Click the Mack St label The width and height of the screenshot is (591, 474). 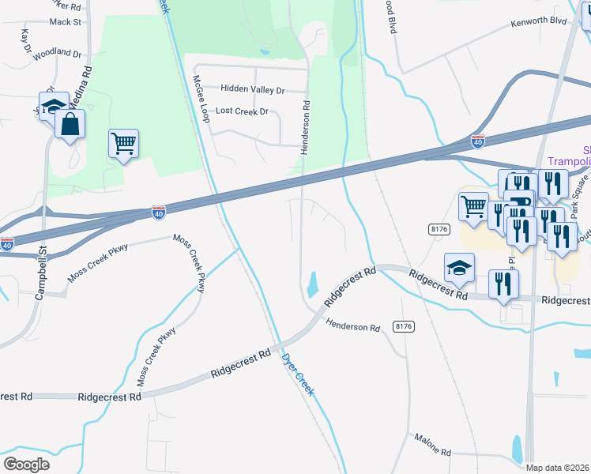click(x=66, y=23)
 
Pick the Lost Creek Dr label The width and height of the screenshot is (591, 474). click(x=242, y=111)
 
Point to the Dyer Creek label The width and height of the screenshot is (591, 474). click(x=298, y=374)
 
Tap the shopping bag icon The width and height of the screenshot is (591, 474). click(x=70, y=124)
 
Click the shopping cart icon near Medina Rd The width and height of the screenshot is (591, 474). click(x=123, y=143)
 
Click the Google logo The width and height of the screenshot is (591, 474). click(x=26, y=464)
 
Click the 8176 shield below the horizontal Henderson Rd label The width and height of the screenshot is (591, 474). click(x=404, y=326)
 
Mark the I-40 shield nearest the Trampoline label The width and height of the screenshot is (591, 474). click(x=477, y=141)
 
